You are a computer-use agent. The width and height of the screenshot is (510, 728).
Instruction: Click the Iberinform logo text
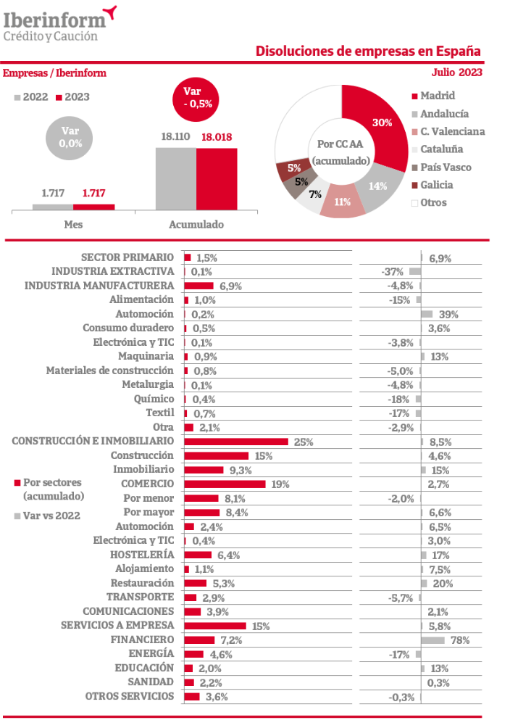pos(55,20)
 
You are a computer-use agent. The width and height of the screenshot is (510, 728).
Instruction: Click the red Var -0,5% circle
pos(196,99)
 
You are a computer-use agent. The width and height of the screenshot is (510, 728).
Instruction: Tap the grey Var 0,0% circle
pos(69,138)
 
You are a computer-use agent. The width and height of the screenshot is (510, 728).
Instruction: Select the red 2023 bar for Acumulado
pos(217,179)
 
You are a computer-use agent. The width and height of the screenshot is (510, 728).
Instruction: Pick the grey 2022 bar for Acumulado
pos(176,179)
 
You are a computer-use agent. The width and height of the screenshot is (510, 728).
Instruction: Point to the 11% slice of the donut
pos(343,201)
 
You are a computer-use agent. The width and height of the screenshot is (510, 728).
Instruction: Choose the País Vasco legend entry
pos(441,167)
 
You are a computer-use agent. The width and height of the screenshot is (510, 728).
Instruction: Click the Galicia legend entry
pos(432,185)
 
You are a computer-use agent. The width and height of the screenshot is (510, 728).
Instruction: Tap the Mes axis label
pos(73,224)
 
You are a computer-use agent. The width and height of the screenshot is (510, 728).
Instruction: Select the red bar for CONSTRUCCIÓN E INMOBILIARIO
pos(236,442)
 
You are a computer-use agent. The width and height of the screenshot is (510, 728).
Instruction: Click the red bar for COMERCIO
pos(225,484)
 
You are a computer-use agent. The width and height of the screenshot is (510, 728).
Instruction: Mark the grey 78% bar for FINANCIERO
pos(432,640)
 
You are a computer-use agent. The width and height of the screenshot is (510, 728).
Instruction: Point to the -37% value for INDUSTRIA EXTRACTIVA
pos(392,272)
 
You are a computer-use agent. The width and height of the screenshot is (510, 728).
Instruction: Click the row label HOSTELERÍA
pos(142,555)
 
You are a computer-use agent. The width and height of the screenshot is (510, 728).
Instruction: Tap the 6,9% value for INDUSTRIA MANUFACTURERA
pos(230,286)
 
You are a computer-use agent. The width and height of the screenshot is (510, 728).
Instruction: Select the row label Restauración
pos(142,583)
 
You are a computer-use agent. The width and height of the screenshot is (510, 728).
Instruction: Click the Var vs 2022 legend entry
pos(47,516)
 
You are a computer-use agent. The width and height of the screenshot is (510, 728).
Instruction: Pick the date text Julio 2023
pos(457,73)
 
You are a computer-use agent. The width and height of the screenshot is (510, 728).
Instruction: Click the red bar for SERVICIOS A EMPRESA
pos(215,626)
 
